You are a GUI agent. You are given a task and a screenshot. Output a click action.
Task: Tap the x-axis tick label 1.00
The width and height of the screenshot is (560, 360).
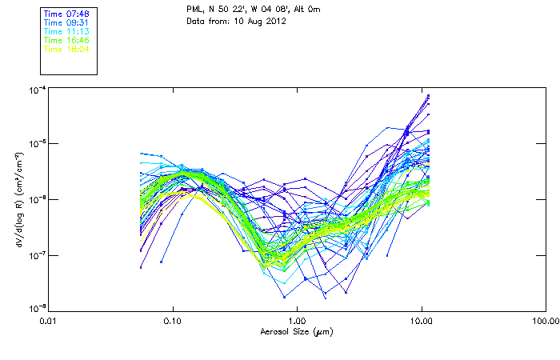[297, 322]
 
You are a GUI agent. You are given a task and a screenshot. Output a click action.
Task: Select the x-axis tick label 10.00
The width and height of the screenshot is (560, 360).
[421, 322]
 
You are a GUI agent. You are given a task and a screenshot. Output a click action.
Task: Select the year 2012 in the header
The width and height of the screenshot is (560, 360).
[275, 21]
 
